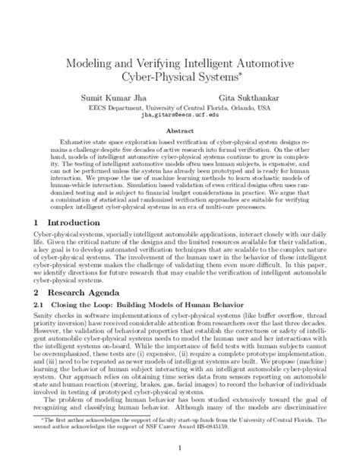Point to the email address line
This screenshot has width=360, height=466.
[179, 119]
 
